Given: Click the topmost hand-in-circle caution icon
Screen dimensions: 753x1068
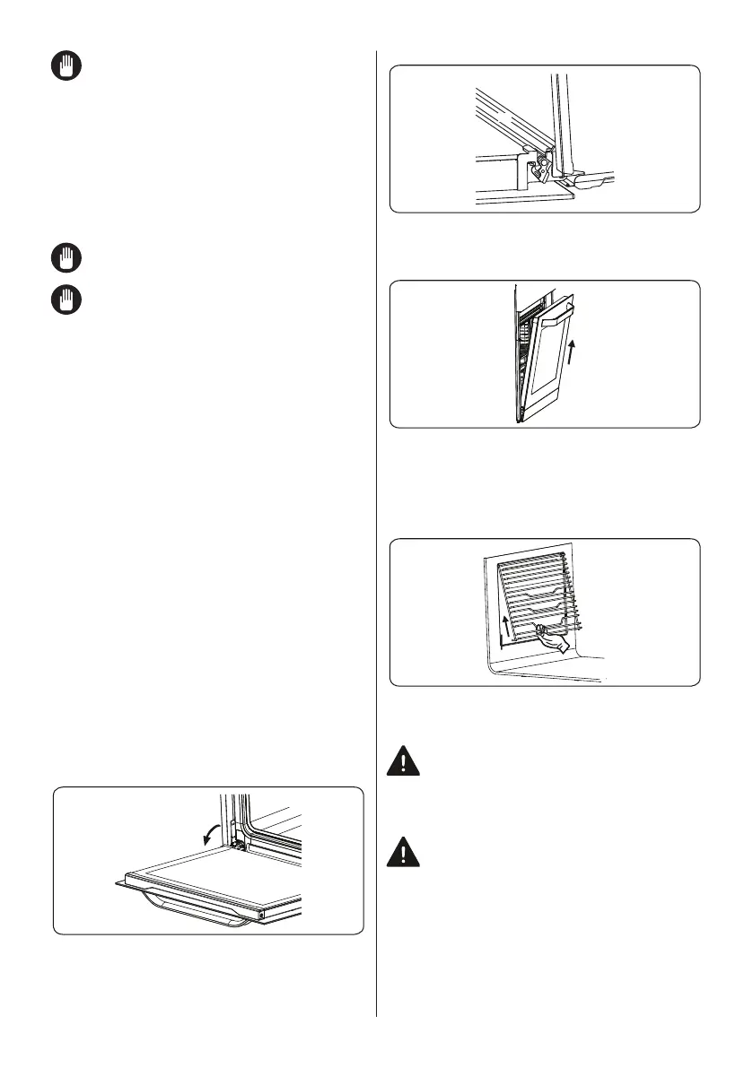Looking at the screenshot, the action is (x=66, y=66).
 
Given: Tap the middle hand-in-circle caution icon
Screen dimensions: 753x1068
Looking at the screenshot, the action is (x=66, y=259).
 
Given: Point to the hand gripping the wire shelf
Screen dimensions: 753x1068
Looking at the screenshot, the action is (x=556, y=640).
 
